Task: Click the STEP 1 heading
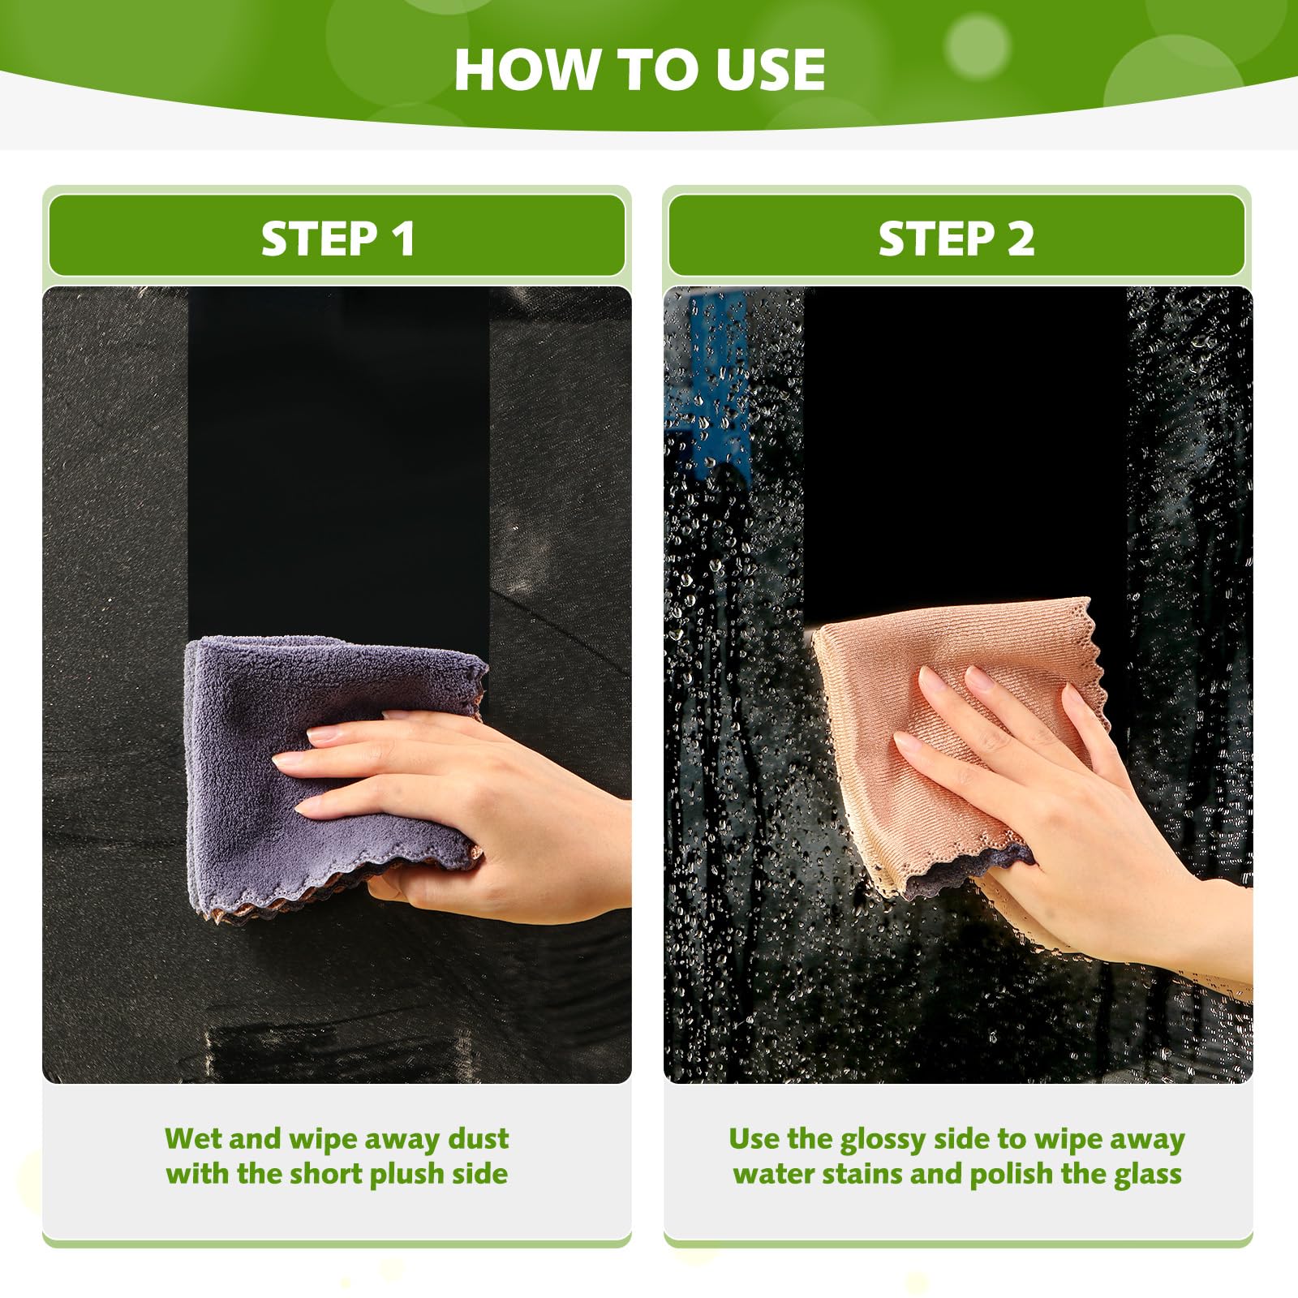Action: pyautogui.click(x=337, y=239)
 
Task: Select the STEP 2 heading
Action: pyautogui.click(x=956, y=239)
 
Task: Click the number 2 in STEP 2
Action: pyautogui.click(x=1021, y=239)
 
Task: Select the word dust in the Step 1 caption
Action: pyautogui.click(x=479, y=1139)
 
